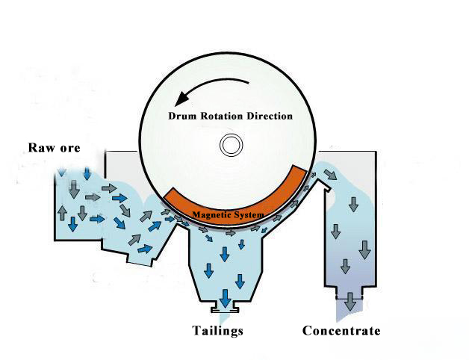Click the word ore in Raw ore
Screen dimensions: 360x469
[x=69, y=147]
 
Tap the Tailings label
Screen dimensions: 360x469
[x=217, y=330]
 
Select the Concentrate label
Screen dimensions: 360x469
[x=341, y=330]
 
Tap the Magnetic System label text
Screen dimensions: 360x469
[x=229, y=215]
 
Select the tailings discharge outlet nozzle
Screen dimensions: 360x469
[x=224, y=305]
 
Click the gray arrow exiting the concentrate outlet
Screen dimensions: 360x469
[x=349, y=302]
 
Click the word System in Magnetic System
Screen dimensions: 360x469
[x=249, y=215]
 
